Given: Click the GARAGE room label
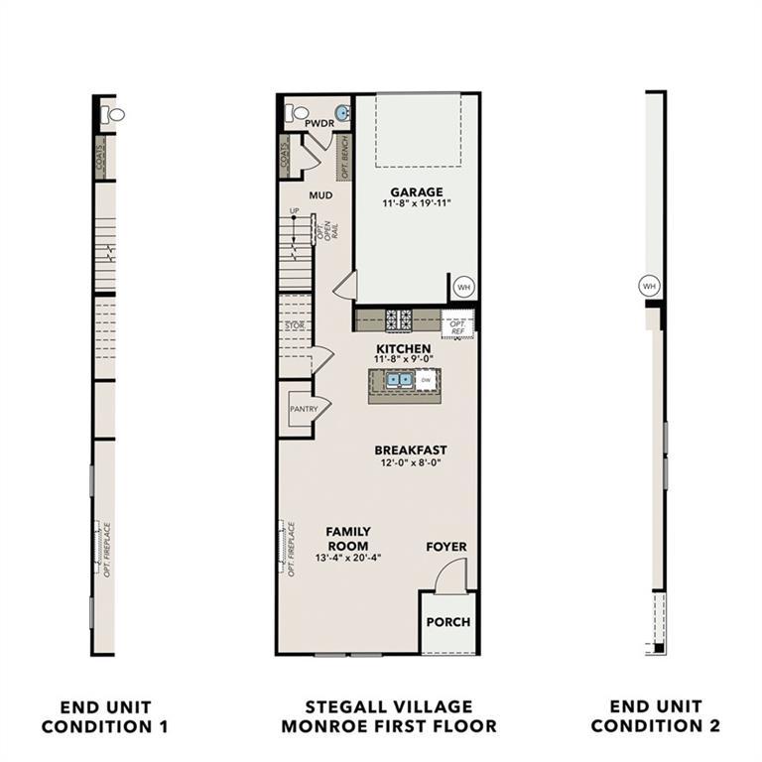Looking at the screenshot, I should pos(417,191).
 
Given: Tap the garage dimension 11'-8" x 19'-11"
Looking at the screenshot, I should pos(417,204).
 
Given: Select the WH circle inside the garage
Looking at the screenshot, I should pos(463,287).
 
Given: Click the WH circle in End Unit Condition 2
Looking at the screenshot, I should pos(650,286).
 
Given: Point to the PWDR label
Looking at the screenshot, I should pos(318,122).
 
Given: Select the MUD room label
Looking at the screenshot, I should pos(319,195).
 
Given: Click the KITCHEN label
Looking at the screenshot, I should pos(402,348).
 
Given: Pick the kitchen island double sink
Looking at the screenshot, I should pos(400,379).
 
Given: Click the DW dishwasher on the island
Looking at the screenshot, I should pos(426,379).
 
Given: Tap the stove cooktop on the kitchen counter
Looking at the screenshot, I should pos(399,319).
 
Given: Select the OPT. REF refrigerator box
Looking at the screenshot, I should pos(458,324).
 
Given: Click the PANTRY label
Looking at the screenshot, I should pos(303,408).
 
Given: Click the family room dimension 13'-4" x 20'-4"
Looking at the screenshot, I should pos(348,559).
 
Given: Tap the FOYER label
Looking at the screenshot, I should pos(446,547).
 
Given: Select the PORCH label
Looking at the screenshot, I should pos(448,622).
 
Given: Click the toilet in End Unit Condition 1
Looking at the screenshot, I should pos(115,115).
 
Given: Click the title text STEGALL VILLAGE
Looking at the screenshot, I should pos(388,706).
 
